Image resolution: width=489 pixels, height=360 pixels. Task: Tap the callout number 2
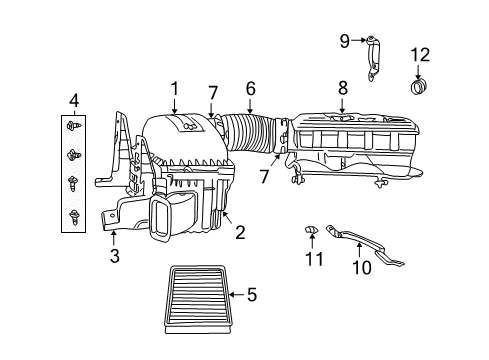pyautogui.click(x=240, y=232)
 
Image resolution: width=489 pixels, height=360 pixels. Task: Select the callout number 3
pyautogui.click(x=115, y=258)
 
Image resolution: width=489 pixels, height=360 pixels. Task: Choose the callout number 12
pyautogui.click(x=419, y=53)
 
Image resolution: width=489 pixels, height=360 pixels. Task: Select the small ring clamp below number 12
pyautogui.click(x=418, y=87)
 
